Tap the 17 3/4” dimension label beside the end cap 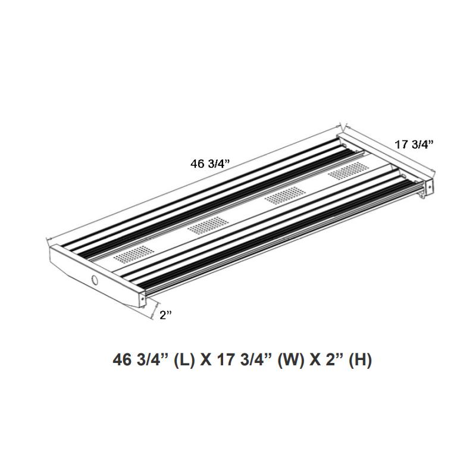[x=415, y=143]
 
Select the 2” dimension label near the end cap [x=165, y=315]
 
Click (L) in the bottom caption [x=184, y=361]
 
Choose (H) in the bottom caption [x=361, y=361]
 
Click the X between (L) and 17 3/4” [x=205, y=361]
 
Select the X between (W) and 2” [x=314, y=361]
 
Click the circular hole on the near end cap [x=95, y=280]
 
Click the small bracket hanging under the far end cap [x=425, y=192]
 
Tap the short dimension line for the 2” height [x=155, y=311]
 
